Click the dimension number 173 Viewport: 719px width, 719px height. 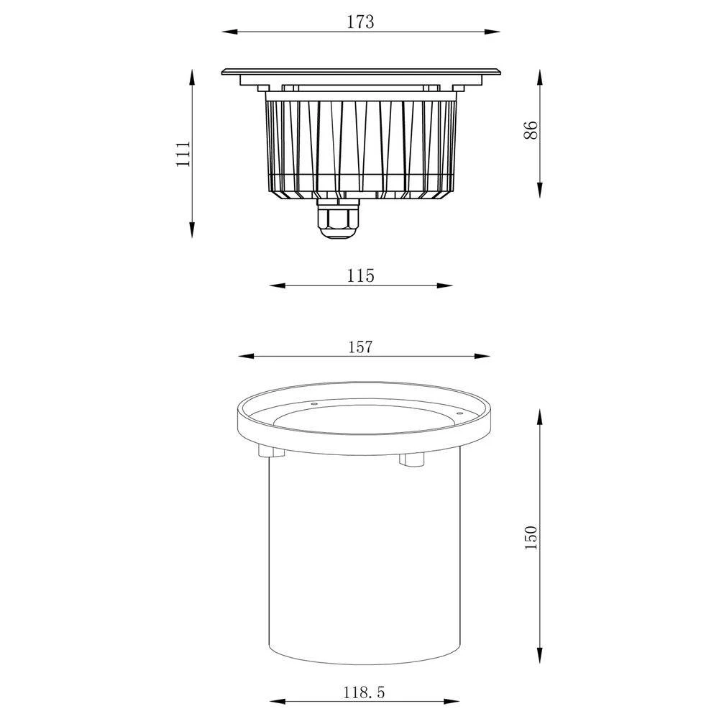point(360,22)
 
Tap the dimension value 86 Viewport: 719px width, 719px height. point(530,131)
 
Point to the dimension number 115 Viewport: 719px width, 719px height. point(360,275)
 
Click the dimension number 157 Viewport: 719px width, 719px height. point(360,347)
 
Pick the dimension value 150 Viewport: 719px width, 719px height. point(531,538)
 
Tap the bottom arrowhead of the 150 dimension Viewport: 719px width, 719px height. point(540,661)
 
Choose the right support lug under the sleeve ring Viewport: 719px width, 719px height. point(413,458)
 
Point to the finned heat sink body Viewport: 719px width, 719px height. point(362,147)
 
